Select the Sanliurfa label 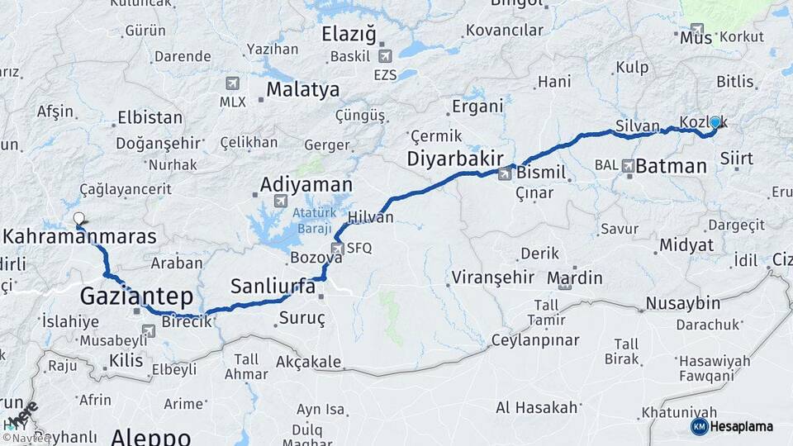pyautogui.click(x=273, y=287)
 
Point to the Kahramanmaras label pyautogui.click(x=80, y=237)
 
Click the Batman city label pyautogui.click(x=672, y=166)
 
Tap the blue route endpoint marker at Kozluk pyautogui.click(x=715, y=122)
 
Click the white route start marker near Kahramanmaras pyautogui.click(x=78, y=219)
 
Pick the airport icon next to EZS pyautogui.click(x=385, y=57)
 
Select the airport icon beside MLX pyautogui.click(x=232, y=83)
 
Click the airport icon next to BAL pyautogui.click(x=629, y=166)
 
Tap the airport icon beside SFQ pyautogui.click(x=337, y=248)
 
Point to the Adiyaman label pyautogui.click(x=306, y=184)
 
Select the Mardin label pyautogui.click(x=575, y=278)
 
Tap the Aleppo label pyautogui.click(x=151, y=436)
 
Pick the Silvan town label pyautogui.click(x=637, y=128)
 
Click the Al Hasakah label pyautogui.click(x=536, y=407)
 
